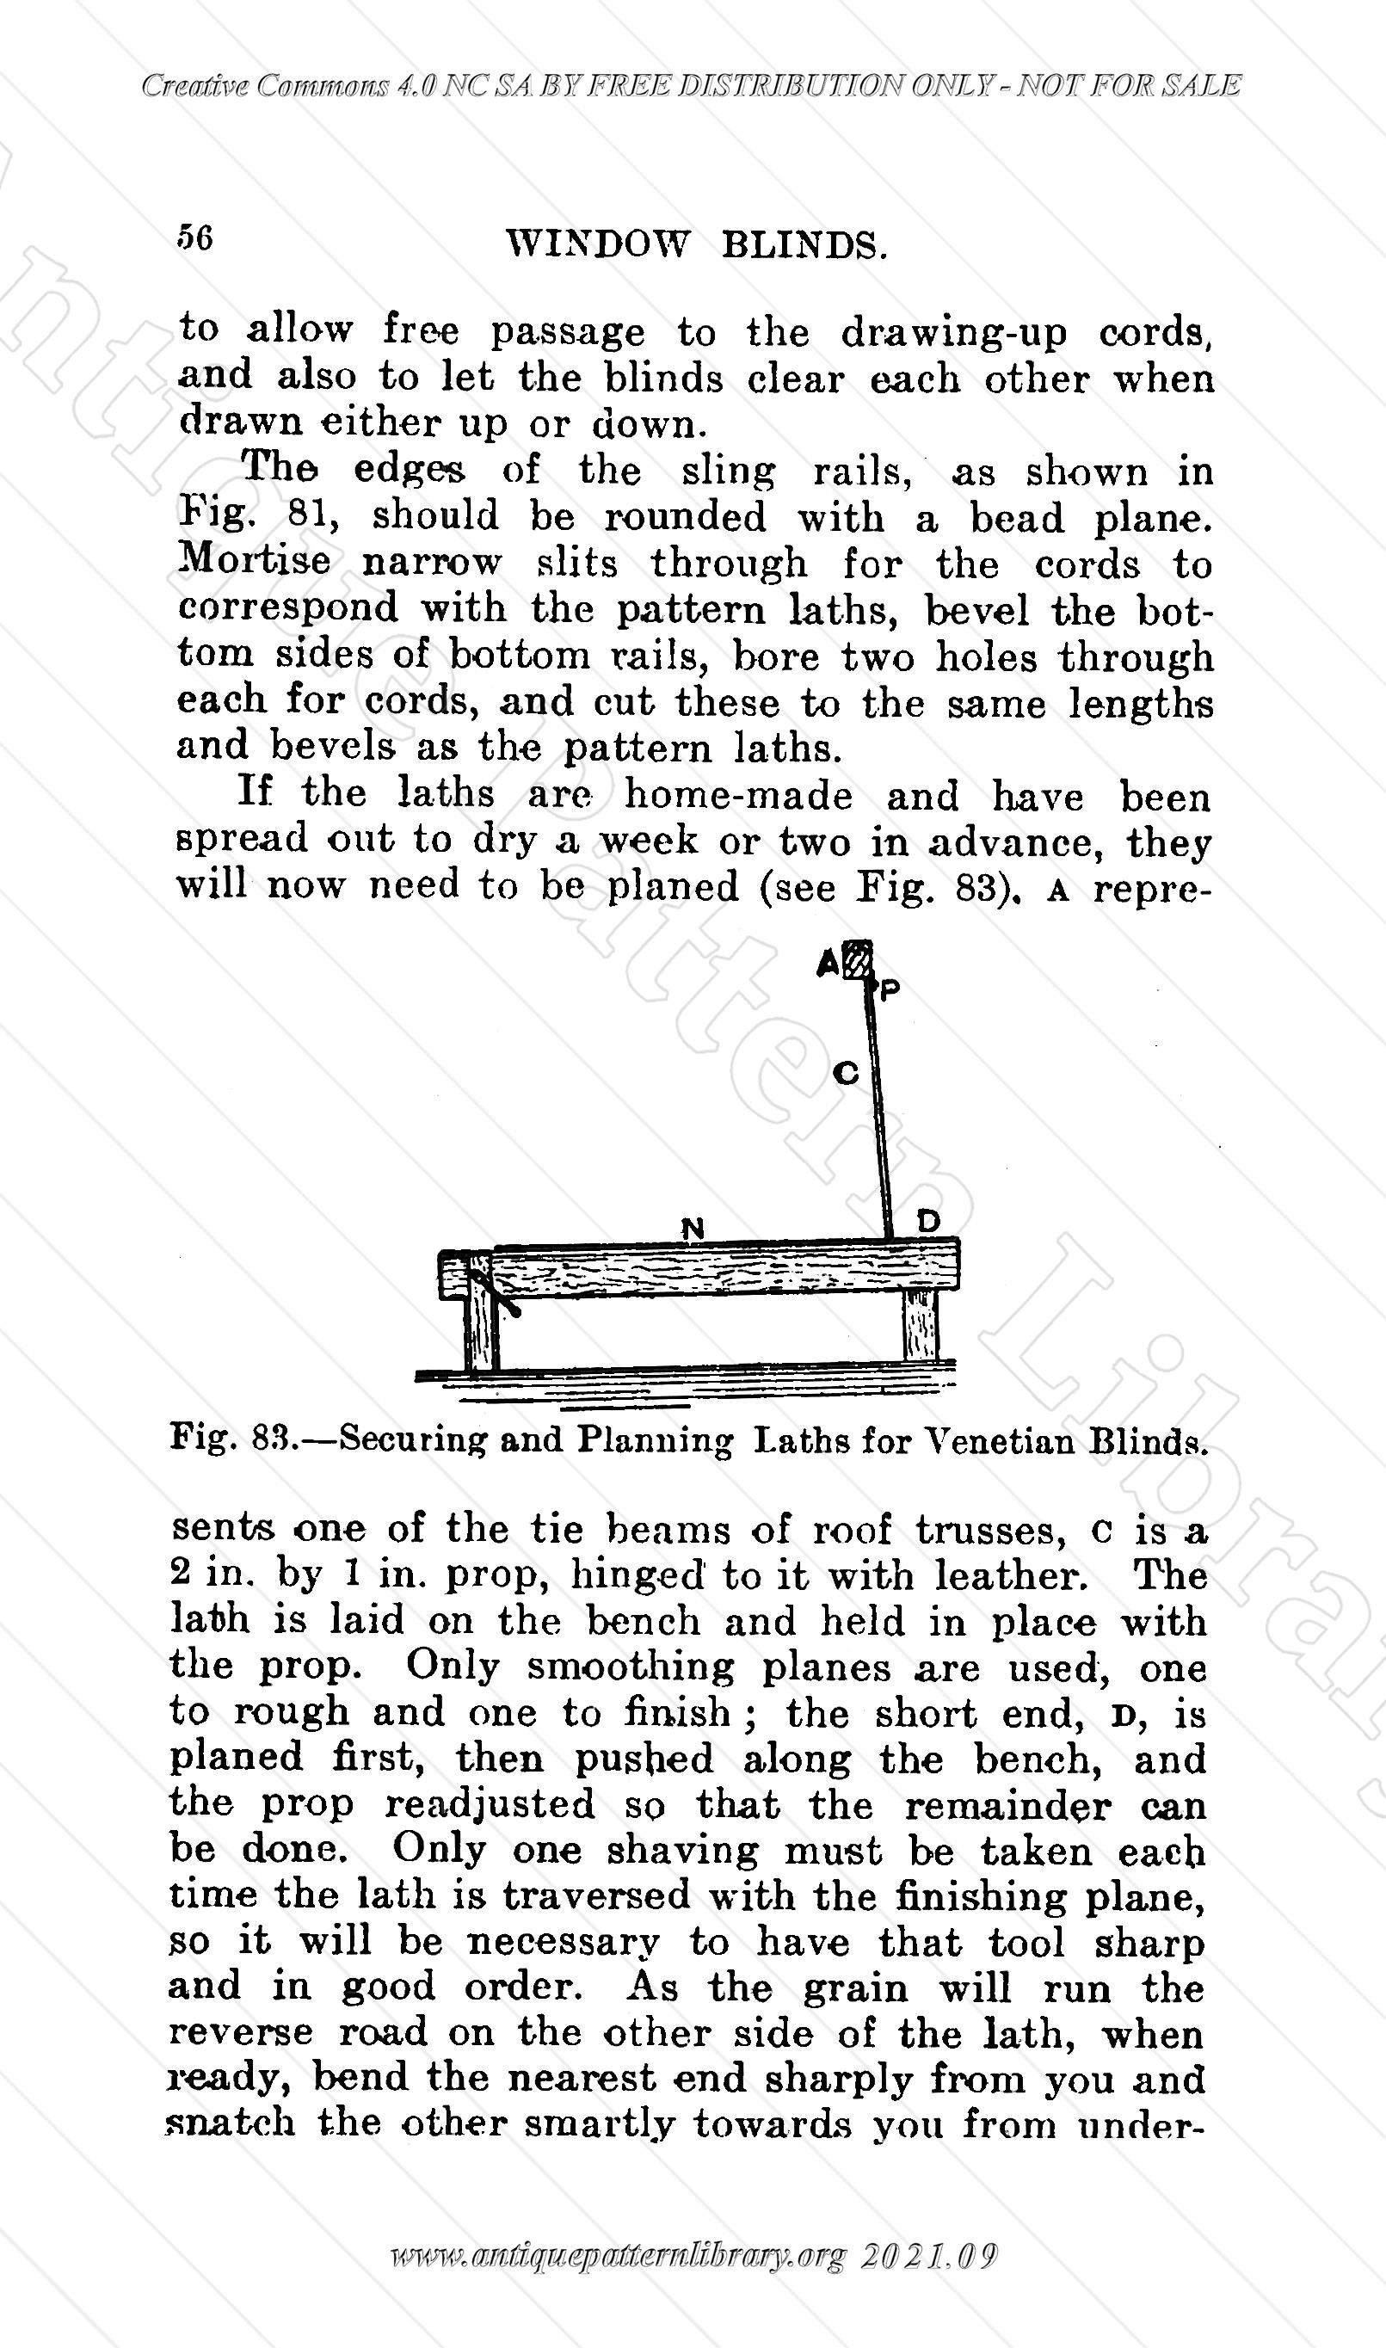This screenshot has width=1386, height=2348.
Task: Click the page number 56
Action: point(195,238)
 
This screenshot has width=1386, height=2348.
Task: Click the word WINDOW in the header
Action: point(597,244)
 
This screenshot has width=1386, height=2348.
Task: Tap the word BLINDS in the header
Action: point(804,245)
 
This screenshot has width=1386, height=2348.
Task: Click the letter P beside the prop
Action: point(889,989)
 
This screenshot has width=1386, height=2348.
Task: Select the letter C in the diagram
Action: point(845,1074)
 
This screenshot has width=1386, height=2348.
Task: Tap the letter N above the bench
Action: point(692,1229)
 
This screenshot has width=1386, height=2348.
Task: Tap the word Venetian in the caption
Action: point(998,1441)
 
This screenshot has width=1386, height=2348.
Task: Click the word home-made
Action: point(738,797)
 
